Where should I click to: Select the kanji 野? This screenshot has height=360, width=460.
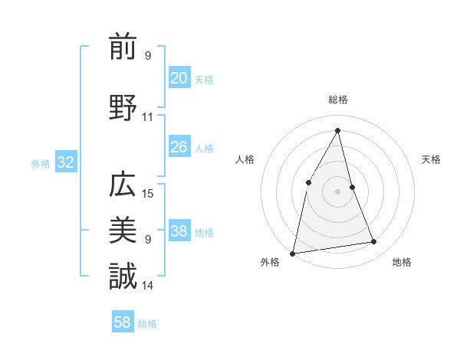123,106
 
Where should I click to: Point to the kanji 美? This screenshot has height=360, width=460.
123,231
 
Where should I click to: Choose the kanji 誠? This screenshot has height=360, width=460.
123,276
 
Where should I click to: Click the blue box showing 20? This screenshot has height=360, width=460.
179,78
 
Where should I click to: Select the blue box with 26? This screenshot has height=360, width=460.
179,147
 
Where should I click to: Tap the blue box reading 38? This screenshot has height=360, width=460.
179,231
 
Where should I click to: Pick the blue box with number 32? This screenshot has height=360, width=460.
65,162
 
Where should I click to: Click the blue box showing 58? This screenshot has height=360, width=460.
123,322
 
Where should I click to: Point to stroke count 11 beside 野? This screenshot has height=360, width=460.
148,117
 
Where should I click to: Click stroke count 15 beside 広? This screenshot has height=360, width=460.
148,194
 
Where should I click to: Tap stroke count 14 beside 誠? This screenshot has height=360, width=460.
148,286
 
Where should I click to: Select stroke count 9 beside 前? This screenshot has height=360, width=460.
148,56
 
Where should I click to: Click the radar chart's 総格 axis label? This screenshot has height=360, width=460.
337,100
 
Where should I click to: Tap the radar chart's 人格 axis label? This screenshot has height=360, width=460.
245,159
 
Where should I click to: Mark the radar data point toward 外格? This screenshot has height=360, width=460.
293,253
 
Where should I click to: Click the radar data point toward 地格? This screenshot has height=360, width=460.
374,242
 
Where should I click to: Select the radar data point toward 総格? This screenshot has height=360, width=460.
337,130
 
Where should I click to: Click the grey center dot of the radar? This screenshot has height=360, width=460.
337,191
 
